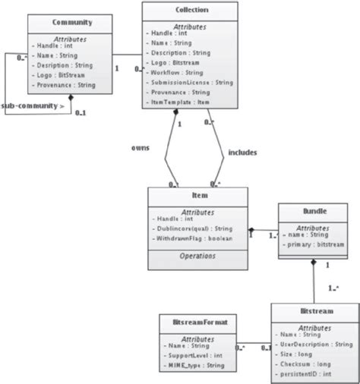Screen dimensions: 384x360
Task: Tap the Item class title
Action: pos(198,196)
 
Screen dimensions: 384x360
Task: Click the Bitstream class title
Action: pos(314,310)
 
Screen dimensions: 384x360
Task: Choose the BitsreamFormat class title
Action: pos(199,323)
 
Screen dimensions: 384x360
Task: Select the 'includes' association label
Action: pos(243,153)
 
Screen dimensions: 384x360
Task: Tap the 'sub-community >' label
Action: pos(32,105)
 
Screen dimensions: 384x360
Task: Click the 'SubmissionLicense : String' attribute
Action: pos(192,81)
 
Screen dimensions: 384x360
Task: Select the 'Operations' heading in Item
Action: pos(199,257)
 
